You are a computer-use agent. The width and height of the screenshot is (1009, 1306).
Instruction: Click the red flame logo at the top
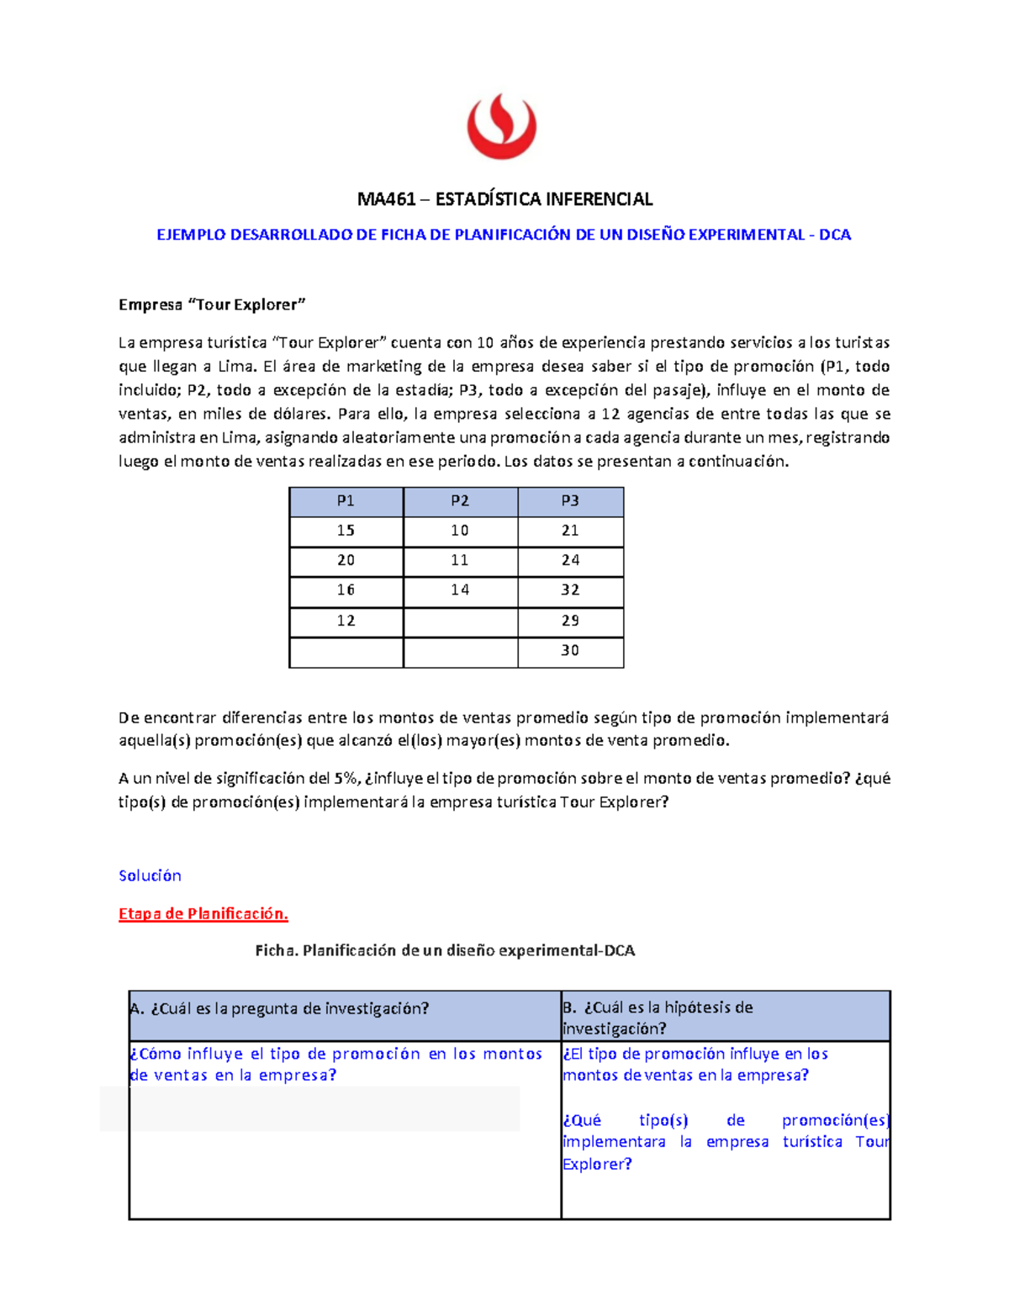pyautogui.click(x=502, y=126)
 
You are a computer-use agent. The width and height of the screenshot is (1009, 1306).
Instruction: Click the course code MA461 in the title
pyautogui.click(x=386, y=199)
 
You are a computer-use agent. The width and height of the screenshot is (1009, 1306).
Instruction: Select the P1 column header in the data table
pyautogui.click(x=346, y=501)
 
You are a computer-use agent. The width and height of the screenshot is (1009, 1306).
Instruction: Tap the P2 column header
pyautogui.click(x=460, y=501)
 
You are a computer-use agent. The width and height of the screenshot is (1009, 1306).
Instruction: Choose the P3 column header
pyautogui.click(x=570, y=501)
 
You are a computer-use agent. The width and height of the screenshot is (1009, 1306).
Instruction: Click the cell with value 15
pyautogui.click(x=346, y=531)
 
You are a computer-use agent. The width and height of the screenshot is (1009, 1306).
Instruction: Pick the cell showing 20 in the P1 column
pyautogui.click(x=346, y=560)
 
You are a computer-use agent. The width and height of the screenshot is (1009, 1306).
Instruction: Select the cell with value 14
pyautogui.click(x=460, y=590)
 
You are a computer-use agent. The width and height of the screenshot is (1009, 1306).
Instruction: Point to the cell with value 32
pyautogui.click(x=570, y=590)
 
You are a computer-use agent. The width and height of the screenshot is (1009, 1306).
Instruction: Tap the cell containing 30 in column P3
pyautogui.click(x=570, y=651)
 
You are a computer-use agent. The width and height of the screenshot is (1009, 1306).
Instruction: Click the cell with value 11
pyautogui.click(x=460, y=560)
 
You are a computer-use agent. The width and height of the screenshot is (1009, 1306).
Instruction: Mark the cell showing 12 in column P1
pyautogui.click(x=346, y=621)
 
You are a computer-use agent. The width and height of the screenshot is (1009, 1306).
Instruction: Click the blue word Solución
pyautogui.click(x=150, y=875)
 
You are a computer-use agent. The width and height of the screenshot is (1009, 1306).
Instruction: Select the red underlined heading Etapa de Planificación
pyautogui.click(x=203, y=914)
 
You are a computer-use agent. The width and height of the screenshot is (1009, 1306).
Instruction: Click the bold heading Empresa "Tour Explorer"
pyautogui.click(x=212, y=304)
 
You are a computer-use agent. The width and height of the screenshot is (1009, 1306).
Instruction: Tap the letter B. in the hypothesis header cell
pyautogui.click(x=569, y=1007)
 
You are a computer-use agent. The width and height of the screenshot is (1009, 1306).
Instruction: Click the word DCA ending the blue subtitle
pyautogui.click(x=835, y=235)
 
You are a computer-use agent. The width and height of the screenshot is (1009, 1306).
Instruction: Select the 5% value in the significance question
pyautogui.click(x=346, y=778)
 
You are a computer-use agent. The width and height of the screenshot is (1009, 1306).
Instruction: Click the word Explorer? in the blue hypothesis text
pyautogui.click(x=597, y=1164)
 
